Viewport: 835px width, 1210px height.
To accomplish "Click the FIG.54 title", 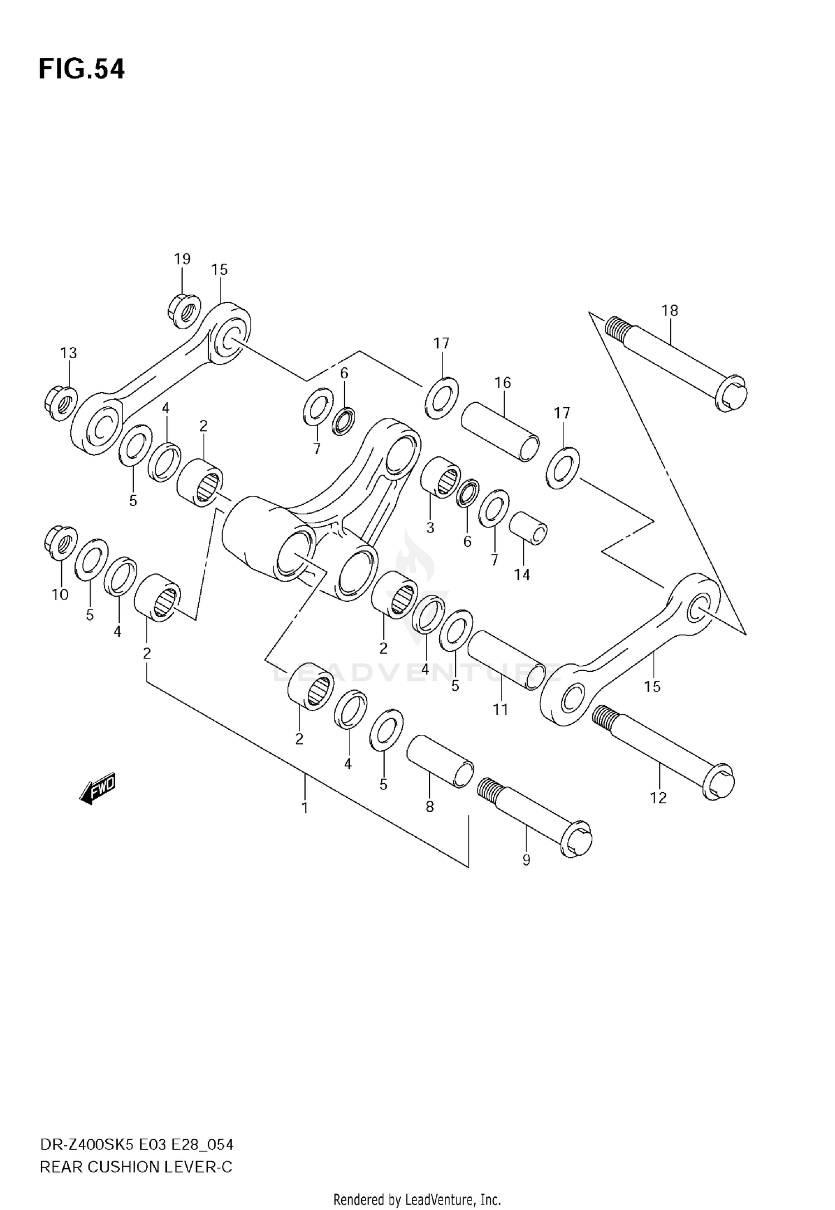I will point(82,70).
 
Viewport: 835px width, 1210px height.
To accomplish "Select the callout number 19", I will point(182,259).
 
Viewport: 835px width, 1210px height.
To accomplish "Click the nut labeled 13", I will point(60,402).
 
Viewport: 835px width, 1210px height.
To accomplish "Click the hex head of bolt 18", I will point(731,394).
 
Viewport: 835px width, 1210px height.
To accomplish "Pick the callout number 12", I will point(658,798).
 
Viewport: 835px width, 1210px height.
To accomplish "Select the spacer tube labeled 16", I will point(500,431).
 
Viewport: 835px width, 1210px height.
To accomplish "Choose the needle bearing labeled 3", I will point(440,475).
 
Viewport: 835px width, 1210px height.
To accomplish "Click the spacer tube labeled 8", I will point(440,761).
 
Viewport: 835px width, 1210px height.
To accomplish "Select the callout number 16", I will point(503,383).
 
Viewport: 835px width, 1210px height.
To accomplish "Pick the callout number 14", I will point(522,574).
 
